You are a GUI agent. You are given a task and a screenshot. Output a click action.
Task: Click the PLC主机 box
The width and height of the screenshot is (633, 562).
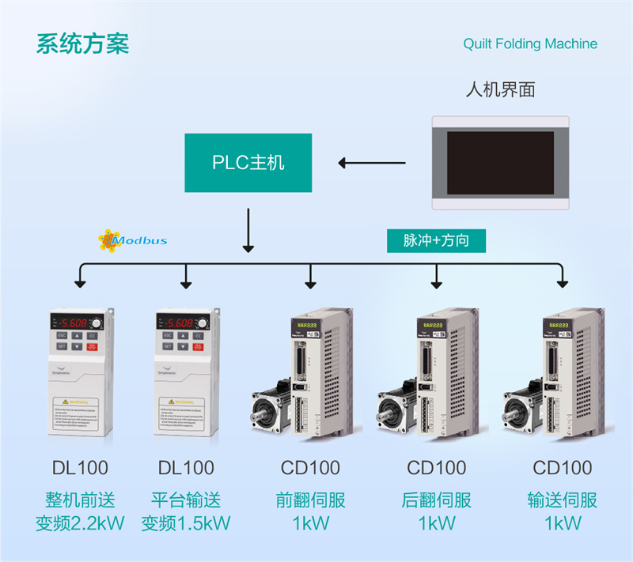[248, 163]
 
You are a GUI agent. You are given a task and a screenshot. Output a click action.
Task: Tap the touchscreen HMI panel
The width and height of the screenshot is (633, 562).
[499, 163]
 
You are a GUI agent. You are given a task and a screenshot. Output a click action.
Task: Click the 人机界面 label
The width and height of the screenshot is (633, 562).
[500, 89]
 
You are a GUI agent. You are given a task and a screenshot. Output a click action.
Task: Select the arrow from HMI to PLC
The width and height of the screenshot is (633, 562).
[371, 164]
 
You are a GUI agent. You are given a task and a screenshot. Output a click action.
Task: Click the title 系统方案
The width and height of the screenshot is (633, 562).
[81, 43]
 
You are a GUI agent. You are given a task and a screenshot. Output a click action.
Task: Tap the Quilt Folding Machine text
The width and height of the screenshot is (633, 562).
[530, 43]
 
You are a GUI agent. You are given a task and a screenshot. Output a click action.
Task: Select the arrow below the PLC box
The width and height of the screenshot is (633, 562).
[248, 230]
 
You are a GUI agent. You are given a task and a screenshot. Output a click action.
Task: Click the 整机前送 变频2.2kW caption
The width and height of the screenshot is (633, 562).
[80, 511]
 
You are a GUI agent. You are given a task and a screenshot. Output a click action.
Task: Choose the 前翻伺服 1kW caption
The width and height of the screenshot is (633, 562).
[310, 511]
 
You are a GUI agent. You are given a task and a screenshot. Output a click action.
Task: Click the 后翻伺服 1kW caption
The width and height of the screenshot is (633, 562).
[437, 511]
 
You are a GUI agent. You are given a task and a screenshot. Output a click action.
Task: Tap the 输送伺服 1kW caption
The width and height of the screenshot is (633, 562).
[562, 511]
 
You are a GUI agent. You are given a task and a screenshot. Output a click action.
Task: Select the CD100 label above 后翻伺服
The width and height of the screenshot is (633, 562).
[437, 468]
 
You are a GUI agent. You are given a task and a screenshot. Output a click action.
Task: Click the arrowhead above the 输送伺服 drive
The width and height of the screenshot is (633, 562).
[562, 281]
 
